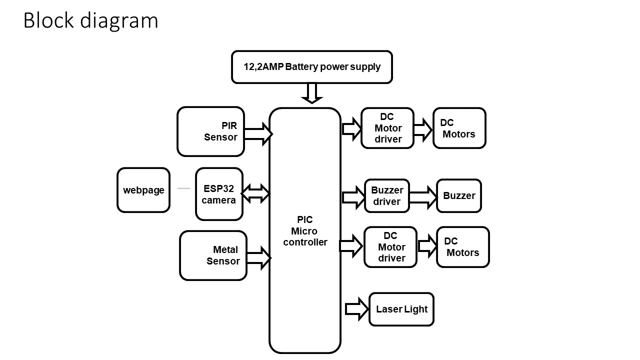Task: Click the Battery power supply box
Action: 311,66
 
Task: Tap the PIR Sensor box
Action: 211,131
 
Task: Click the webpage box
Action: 143,190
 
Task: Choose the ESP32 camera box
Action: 219,194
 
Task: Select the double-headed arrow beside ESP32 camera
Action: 255,193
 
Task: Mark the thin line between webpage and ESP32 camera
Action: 183,188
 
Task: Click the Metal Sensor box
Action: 213,255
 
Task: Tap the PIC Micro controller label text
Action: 305,231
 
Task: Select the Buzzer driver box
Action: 387,195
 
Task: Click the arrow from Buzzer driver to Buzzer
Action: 423,197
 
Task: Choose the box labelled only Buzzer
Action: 459,195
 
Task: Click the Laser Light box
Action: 401,309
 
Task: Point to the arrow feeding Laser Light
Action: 356,309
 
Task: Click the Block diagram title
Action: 90,21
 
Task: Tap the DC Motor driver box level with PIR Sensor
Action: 387,128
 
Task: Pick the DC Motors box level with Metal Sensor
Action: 462,247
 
